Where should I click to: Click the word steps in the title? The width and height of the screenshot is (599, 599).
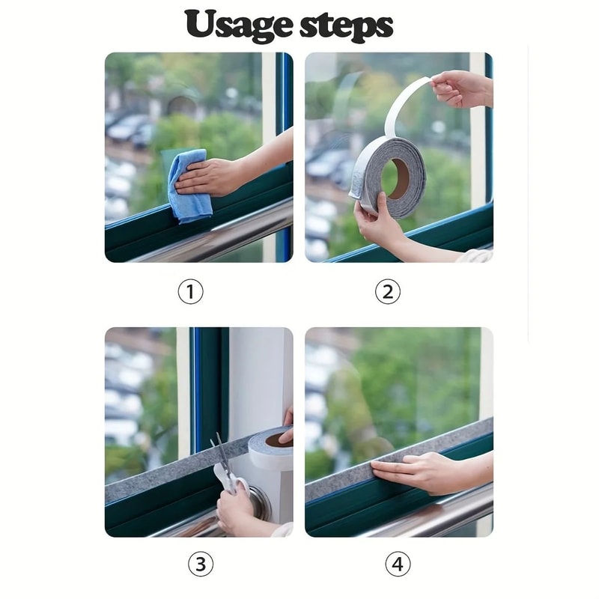coord(346,25)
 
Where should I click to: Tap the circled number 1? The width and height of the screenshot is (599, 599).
coord(190,291)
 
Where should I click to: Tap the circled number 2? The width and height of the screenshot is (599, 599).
coord(387,291)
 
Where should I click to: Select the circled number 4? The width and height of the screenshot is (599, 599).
coord(398,564)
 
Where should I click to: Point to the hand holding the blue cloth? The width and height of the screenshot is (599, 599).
coord(213,177)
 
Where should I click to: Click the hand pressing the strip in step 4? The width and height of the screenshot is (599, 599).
coord(419,472)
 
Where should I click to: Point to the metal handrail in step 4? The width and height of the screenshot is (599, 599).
coord(434,517)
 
